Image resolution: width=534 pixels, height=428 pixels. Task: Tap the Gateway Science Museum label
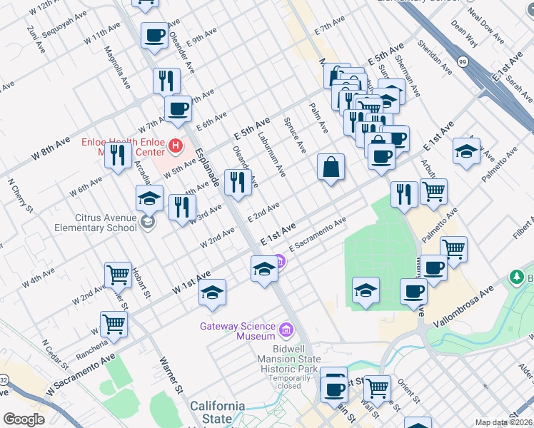tap(237, 331)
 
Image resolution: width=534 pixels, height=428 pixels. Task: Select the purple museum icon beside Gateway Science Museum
tap(286, 330)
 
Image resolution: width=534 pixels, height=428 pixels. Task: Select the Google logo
tap(24, 419)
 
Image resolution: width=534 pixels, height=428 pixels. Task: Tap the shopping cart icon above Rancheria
tap(114, 323)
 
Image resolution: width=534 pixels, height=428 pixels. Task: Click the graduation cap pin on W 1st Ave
tap(212, 292)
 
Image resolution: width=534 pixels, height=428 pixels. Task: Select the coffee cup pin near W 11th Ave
tap(154, 35)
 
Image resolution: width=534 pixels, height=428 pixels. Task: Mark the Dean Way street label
tap(464, 31)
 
